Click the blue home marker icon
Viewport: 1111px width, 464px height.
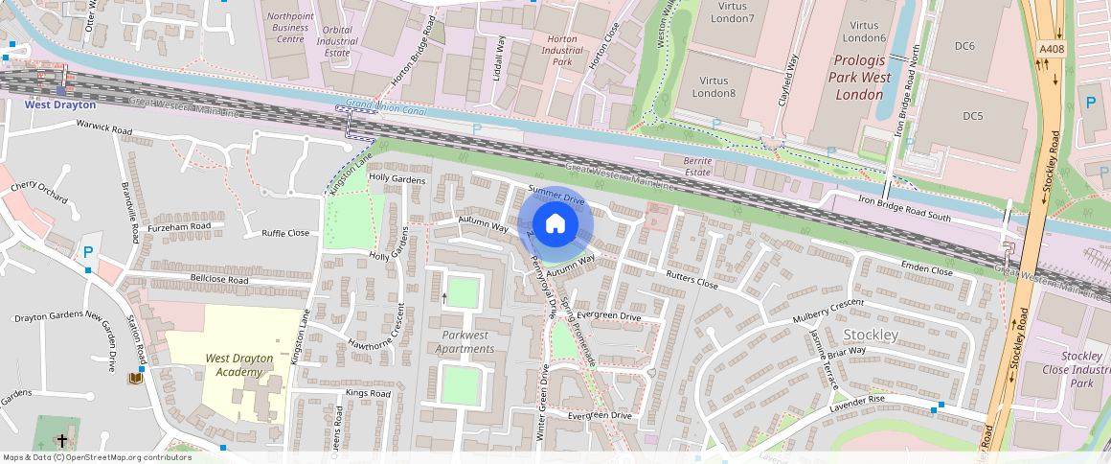555,224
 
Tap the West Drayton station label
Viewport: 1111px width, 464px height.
60,104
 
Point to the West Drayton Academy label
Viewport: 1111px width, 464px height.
238,365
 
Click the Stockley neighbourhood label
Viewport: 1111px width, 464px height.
871,335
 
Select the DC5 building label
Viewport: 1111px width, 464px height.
972,116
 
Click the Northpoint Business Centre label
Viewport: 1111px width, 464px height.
289,28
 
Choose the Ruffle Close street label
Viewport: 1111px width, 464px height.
285,233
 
